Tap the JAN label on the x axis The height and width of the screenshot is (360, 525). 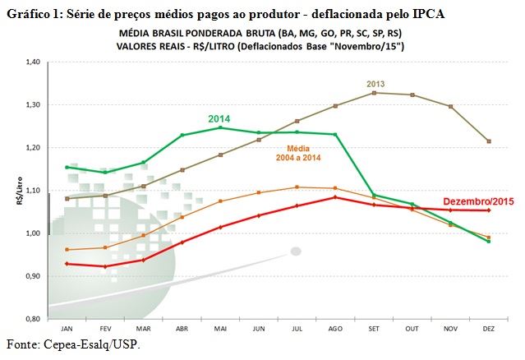pyautogui.click(x=67, y=327)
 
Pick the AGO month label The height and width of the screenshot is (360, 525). pyautogui.click(x=334, y=327)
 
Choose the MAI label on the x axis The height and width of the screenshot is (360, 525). pyautogui.click(x=219, y=327)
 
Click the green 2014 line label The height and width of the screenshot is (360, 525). pyautogui.click(x=219, y=119)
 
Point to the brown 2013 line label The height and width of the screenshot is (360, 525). pyautogui.click(x=375, y=83)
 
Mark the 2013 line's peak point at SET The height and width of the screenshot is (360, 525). pyautogui.click(x=374, y=93)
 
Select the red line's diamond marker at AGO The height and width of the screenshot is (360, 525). pyautogui.click(x=335, y=197)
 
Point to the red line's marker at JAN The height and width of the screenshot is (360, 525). pyautogui.click(x=67, y=263)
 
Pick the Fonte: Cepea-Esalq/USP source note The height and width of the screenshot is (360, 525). pyautogui.click(x=73, y=343)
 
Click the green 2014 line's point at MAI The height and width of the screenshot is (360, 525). pyautogui.click(x=220, y=127)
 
